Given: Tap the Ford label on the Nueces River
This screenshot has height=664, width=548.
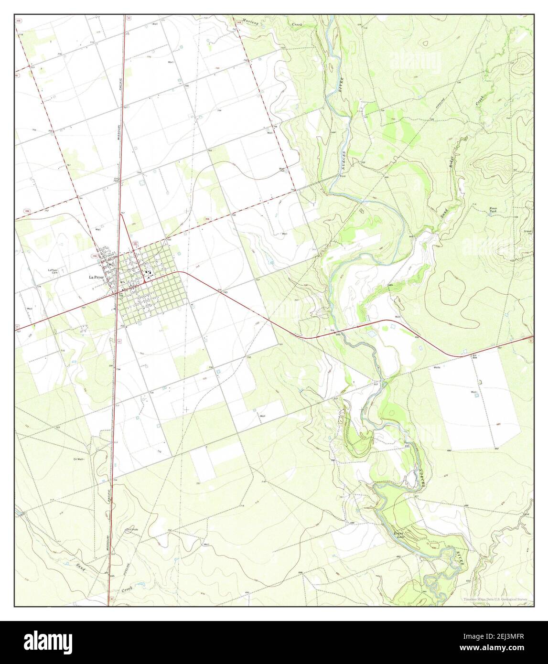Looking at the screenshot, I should [x=342, y=176].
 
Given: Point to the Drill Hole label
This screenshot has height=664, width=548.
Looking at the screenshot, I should [x=131, y=530].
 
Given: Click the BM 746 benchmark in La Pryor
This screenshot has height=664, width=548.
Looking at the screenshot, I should [x=121, y=295].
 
